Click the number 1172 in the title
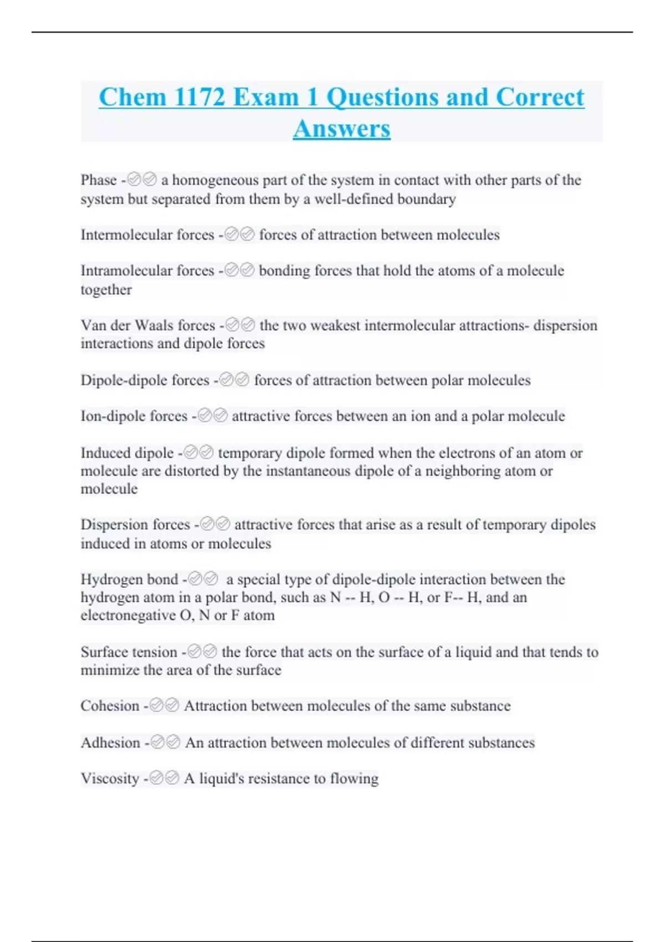[199, 98]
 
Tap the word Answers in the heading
[341, 129]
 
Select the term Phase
[99, 180]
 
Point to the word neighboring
[468, 471]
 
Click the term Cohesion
[110, 706]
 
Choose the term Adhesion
[110, 743]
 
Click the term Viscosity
[110, 779]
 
